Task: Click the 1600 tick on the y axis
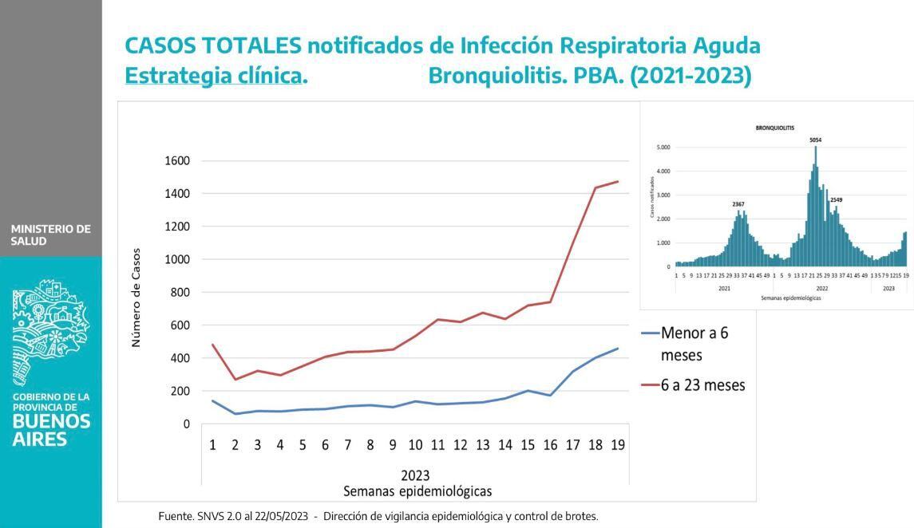177,161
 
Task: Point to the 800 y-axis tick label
180,293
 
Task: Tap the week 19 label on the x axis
617,445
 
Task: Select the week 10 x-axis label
415,445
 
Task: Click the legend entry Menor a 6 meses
694,343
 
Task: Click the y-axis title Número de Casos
136,297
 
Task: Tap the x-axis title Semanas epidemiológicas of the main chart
417,491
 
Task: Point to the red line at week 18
595,188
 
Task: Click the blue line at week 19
617,349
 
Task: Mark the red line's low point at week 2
235,379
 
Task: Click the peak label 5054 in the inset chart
815,140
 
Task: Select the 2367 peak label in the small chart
738,204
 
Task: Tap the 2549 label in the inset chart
836,200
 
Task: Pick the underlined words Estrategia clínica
216,76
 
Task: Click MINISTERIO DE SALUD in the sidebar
50,234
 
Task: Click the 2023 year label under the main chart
415,476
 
